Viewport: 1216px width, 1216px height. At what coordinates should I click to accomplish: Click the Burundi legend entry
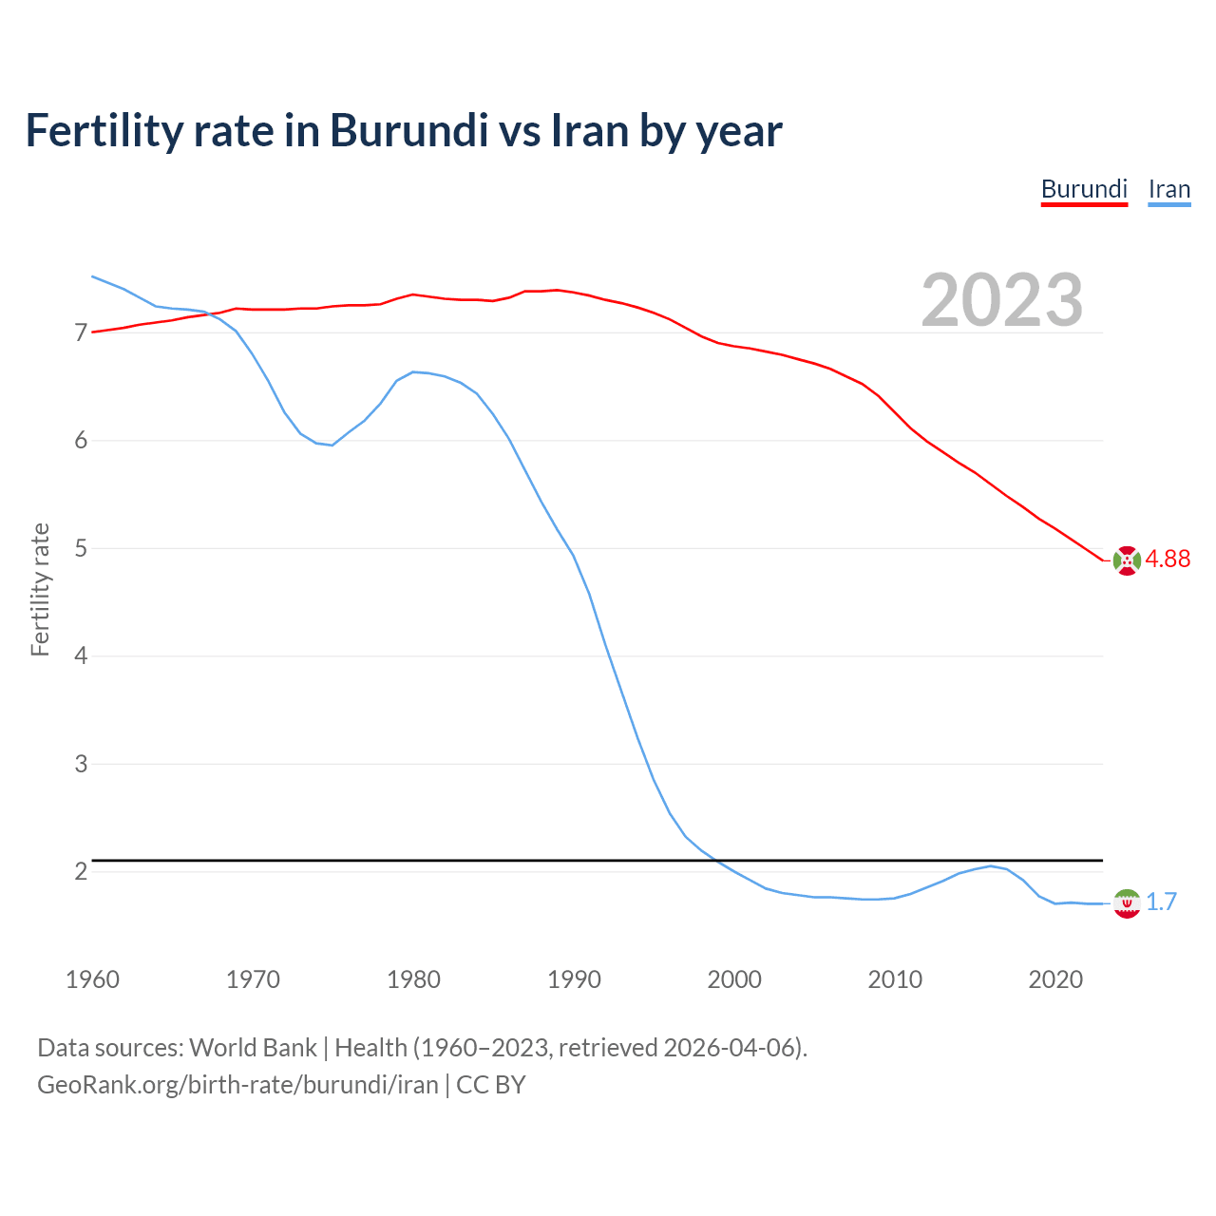pyautogui.click(x=1084, y=189)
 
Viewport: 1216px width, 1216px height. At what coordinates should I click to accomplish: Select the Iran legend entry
pyautogui.click(x=1169, y=189)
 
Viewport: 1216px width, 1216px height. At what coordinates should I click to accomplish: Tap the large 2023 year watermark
pyautogui.click(x=1002, y=300)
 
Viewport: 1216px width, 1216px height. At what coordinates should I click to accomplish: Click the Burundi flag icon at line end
pyautogui.click(x=1126, y=560)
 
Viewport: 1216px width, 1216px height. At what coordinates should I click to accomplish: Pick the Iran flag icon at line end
pyautogui.click(x=1126, y=902)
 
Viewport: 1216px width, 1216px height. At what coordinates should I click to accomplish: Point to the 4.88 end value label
pyautogui.click(x=1168, y=559)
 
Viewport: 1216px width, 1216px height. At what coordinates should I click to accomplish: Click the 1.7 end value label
pyautogui.click(x=1161, y=902)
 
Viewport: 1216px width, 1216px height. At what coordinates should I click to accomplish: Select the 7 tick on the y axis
pyautogui.click(x=81, y=332)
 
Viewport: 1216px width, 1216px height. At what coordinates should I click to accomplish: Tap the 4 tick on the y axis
pyautogui.click(x=81, y=655)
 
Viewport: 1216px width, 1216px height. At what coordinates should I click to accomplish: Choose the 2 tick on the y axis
pyautogui.click(x=81, y=871)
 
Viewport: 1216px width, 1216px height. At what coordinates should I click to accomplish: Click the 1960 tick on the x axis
pyautogui.click(x=92, y=979)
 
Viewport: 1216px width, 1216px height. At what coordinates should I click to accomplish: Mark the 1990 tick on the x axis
pyautogui.click(x=574, y=979)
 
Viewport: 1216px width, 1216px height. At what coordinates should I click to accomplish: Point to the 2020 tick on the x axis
pyautogui.click(x=1055, y=979)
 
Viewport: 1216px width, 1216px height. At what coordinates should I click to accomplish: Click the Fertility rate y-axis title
pyautogui.click(x=40, y=589)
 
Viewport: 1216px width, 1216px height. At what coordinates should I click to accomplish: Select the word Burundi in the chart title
pyautogui.click(x=408, y=130)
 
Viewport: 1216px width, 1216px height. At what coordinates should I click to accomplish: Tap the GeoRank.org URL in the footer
pyautogui.click(x=237, y=1085)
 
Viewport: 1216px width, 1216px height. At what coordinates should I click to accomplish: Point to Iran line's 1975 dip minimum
pyautogui.click(x=332, y=445)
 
